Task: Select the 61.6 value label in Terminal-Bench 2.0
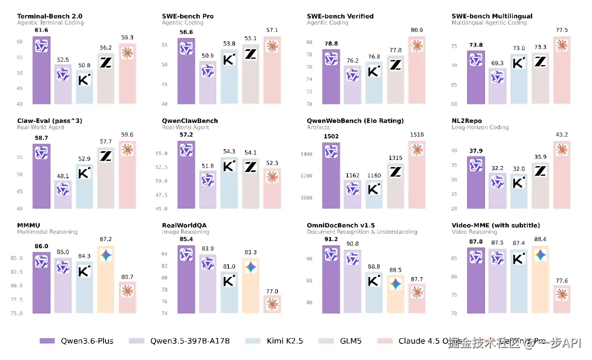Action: (x=41, y=31)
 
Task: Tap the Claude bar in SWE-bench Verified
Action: (x=417, y=70)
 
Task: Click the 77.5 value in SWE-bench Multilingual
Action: (x=562, y=31)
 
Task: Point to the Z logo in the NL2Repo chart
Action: (x=540, y=171)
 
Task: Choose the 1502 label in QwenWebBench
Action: (x=331, y=137)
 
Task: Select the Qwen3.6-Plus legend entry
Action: (x=76, y=341)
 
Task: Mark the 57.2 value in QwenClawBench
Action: (x=186, y=135)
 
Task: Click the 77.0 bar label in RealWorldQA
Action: (x=272, y=291)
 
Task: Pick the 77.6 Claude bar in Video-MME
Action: (x=562, y=299)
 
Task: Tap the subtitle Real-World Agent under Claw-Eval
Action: (x=40, y=127)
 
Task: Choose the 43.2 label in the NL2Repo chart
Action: (x=562, y=135)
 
